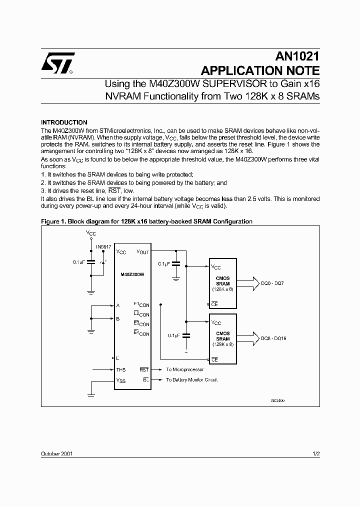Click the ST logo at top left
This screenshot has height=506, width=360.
click(x=58, y=63)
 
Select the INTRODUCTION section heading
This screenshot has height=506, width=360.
click(x=64, y=122)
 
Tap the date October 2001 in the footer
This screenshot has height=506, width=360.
click(x=58, y=453)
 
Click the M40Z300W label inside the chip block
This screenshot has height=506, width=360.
click(x=132, y=274)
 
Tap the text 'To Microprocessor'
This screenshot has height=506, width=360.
click(x=185, y=369)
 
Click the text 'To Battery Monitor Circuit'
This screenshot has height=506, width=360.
click(x=191, y=379)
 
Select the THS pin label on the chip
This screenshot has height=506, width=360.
click(x=120, y=369)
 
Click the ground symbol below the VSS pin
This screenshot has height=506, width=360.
click(x=91, y=395)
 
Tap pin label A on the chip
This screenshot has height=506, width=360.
click(x=117, y=305)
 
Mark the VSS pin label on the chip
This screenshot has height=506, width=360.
click(x=121, y=380)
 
